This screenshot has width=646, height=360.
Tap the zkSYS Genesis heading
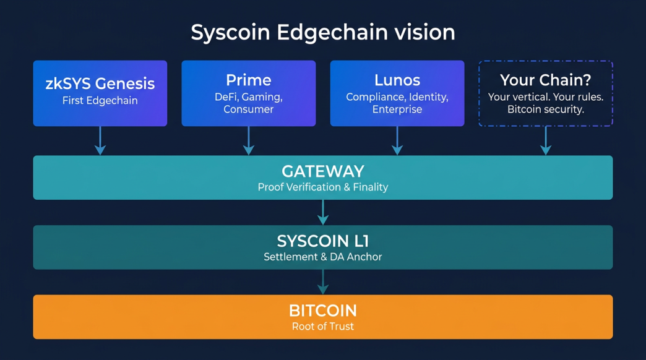[x=100, y=84]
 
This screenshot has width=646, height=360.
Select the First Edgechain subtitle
[x=100, y=100]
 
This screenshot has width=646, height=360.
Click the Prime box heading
[x=248, y=80]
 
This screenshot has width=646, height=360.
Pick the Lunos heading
[x=397, y=80]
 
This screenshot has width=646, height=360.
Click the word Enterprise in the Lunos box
[x=397, y=109]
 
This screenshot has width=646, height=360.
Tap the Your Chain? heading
[x=545, y=80]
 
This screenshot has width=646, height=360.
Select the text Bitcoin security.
[x=545, y=109]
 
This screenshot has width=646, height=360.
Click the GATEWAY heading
[x=323, y=171]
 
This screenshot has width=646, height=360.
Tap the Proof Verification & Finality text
[x=323, y=187]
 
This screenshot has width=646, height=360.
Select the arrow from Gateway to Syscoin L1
[x=323, y=212]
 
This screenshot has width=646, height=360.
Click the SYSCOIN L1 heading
[x=323, y=241]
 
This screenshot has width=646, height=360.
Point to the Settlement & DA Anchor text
[x=323, y=257]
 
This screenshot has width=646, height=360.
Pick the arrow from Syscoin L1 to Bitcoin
[x=323, y=282]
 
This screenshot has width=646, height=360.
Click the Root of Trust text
[x=323, y=327]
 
